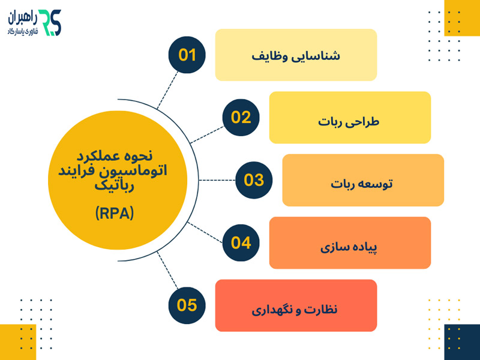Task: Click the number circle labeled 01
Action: coord(187,55)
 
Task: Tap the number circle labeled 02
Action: coord(241,118)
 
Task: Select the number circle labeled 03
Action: coord(253,180)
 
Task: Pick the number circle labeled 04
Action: coord(241,242)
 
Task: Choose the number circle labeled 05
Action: coord(187,305)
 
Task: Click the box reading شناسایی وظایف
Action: coord(296,55)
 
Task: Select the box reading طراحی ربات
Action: coord(350,118)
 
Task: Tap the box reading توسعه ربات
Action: coord(363,180)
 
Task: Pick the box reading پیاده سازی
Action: coord(350,242)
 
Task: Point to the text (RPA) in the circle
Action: coord(115,213)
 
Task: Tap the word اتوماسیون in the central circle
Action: coord(142,171)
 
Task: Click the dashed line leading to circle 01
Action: coord(169,89)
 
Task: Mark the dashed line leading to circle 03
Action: coord(217,180)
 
